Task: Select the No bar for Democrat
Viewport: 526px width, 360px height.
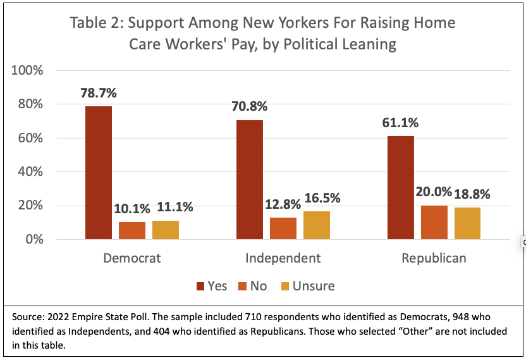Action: (132, 230)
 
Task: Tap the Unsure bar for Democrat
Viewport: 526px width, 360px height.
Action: (166, 230)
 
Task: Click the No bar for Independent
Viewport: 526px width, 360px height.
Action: (283, 228)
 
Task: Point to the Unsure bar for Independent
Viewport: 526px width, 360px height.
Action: (317, 225)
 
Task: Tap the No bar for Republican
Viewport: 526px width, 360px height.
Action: (434, 222)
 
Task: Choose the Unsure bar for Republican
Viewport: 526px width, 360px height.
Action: (467, 223)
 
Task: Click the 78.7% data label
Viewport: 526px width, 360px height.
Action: (99, 93)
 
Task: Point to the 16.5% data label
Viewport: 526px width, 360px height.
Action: (322, 198)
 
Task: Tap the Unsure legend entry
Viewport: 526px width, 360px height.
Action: (307, 286)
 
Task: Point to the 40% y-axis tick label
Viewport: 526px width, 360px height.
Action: (30, 171)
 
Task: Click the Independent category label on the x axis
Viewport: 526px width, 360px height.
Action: (283, 258)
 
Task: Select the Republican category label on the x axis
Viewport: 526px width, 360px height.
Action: (434, 258)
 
